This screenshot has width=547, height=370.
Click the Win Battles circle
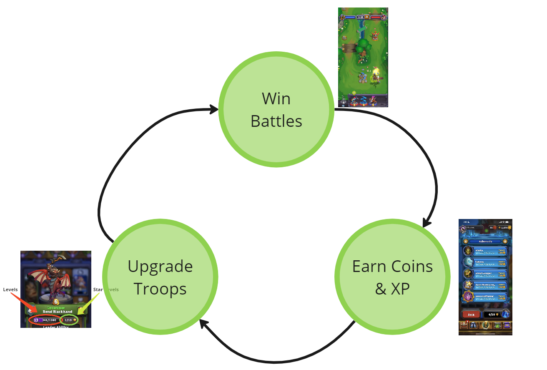click(276, 110)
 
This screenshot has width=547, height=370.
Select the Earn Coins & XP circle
click(392, 277)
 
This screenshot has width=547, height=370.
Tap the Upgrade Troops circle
click(160, 277)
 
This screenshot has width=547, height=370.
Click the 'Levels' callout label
click(10, 289)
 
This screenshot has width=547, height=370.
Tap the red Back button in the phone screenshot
click(471, 315)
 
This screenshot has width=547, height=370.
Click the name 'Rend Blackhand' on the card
click(57, 312)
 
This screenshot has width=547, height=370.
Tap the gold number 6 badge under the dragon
click(55, 302)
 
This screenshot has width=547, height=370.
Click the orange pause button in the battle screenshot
click(366, 17)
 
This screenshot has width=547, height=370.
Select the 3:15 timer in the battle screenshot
click(360, 17)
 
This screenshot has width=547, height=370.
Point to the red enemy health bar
click(376, 17)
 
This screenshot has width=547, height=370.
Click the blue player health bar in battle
click(350, 17)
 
